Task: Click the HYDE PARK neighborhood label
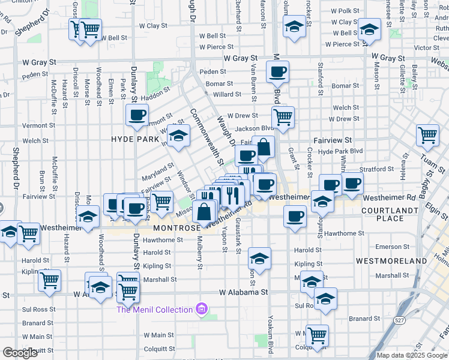[x=134, y=139]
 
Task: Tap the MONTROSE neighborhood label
[x=176, y=229]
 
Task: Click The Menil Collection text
[x=155, y=309]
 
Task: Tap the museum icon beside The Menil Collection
[x=202, y=309]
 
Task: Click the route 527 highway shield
[x=399, y=320]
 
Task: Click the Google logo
[x=20, y=353]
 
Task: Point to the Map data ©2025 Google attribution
[x=412, y=355]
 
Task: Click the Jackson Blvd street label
[x=255, y=128]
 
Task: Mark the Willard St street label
[x=227, y=95]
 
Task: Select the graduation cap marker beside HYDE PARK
[x=178, y=136]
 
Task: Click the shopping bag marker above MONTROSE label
[x=205, y=212]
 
